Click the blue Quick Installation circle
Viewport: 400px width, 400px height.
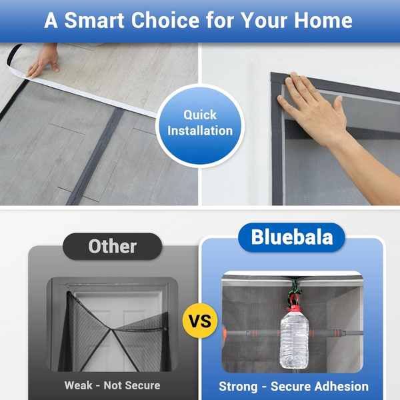click(x=200, y=123)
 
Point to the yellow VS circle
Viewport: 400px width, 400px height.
click(x=200, y=322)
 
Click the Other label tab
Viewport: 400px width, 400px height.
click(x=112, y=246)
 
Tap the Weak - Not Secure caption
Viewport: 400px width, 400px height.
click(x=112, y=385)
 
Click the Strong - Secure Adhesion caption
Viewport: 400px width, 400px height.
click(x=293, y=386)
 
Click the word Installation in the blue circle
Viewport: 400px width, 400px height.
click(x=200, y=131)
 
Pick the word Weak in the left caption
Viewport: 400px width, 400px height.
click(x=79, y=385)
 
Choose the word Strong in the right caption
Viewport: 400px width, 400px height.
click(x=241, y=386)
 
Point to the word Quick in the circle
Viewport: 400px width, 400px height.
click(x=200, y=115)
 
